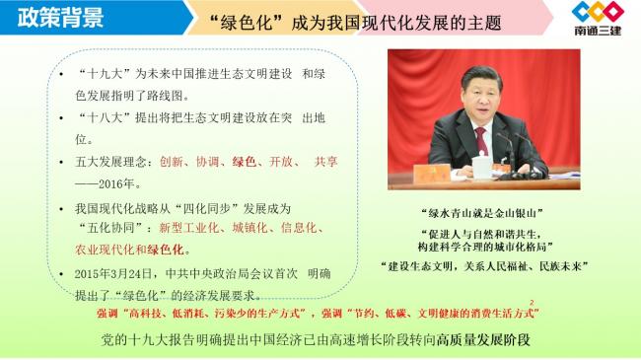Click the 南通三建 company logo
[x=599, y=20]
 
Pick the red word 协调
[x=208, y=162]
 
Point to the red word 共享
[x=326, y=162]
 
